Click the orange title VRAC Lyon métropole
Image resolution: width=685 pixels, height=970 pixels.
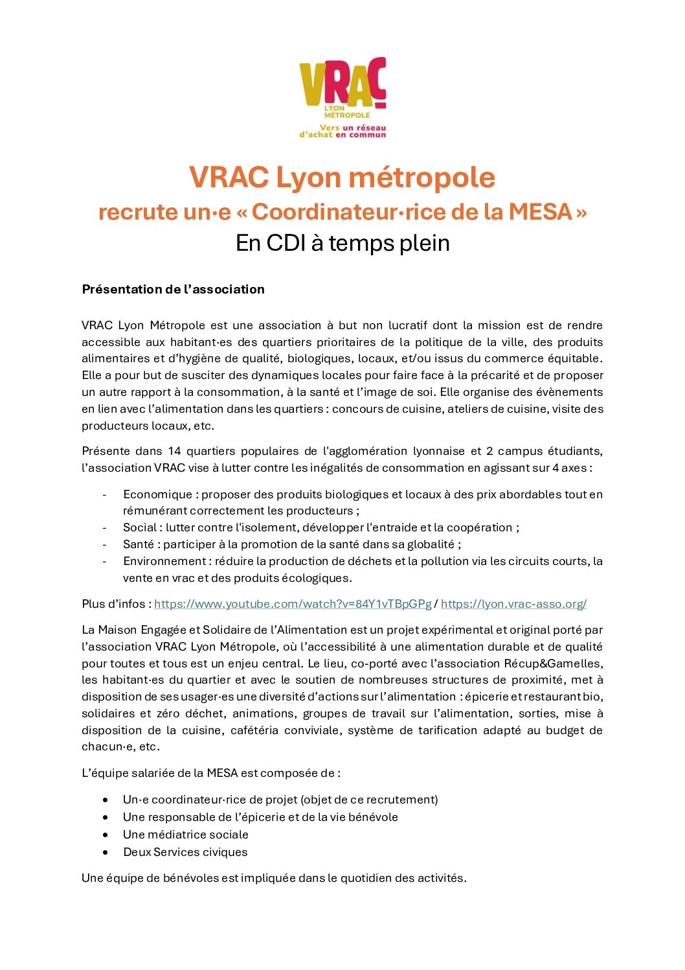[342, 178]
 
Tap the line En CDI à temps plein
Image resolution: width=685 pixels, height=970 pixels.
[342, 243]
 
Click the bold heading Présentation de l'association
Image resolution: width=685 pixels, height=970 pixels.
[173, 290]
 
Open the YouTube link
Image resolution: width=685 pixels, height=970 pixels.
[293, 604]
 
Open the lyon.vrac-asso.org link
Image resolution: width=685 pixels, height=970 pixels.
[513, 604]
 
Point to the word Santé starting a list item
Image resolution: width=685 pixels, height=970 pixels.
[139, 544]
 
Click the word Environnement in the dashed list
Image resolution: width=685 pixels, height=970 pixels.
[164, 561]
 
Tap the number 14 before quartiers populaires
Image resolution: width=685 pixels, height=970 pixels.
[174, 451]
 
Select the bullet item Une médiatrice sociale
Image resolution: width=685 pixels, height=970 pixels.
[185, 835]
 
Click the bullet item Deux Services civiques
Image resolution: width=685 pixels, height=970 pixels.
[185, 852]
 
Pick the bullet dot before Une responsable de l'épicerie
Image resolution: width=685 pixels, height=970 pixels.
[106, 817]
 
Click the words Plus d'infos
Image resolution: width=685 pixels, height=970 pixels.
[113, 604]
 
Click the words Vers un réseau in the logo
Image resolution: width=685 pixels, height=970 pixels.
[353, 128]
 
